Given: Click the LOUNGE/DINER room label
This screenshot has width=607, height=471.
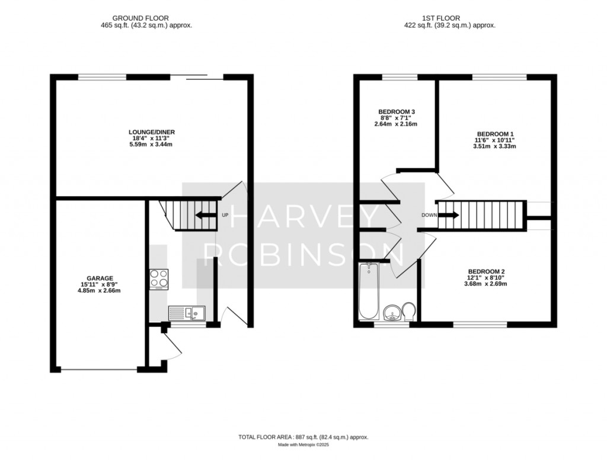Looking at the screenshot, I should (x=152, y=132).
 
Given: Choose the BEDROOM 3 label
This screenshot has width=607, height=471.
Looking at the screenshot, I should (x=397, y=111).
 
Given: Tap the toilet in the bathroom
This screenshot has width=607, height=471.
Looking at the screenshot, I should (x=408, y=310).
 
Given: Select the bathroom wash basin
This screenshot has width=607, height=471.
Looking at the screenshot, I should (x=392, y=312).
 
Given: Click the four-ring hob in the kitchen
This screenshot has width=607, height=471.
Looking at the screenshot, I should (x=159, y=278).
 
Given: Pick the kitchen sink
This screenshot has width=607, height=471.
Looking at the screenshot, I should (x=186, y=313).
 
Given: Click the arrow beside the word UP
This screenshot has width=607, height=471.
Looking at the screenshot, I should (x=205, y=214).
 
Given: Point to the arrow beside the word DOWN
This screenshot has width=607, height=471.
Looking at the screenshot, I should (x=448, y=215).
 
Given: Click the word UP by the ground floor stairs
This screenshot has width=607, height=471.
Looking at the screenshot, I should (x=225, y=214).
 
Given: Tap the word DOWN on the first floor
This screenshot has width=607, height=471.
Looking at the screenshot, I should (x=429, y=215).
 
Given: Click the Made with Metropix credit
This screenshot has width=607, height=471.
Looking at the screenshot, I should (x=303, y=444).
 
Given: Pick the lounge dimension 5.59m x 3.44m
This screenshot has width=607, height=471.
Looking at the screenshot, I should (x=152, y=145).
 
